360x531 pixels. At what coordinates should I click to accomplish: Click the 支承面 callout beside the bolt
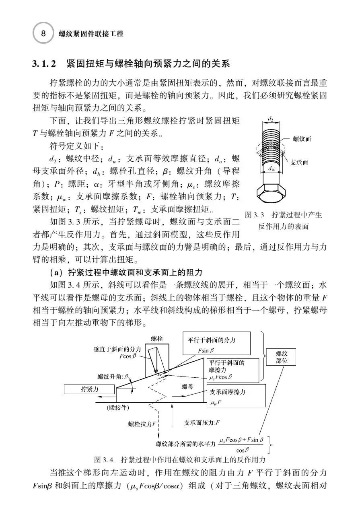299,162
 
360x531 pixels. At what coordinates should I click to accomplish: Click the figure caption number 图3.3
255,215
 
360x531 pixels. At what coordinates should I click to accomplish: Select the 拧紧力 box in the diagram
89,389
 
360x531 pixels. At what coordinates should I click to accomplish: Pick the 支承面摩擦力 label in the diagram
228,392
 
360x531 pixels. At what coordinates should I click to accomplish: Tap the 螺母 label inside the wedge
188,387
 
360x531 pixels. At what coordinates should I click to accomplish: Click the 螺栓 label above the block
157,339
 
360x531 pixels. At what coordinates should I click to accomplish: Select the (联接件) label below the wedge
118,408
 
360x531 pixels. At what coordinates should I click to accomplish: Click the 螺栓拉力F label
142,424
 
